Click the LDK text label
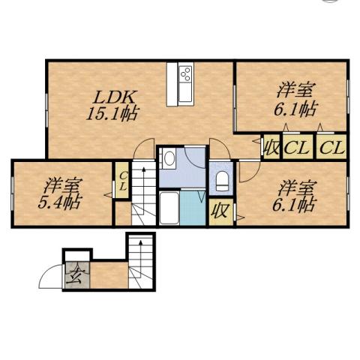[x=115, y=97]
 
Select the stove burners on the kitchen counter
[x=185, y=75]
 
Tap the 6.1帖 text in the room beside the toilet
[x=293, y=203]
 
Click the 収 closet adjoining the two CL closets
[x=271, y=146]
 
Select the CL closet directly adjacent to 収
[x=298, y=146]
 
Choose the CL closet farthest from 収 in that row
[x=331, y=146]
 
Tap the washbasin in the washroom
[x=169, y=158]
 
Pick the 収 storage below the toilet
[x=219, y=210]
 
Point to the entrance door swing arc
[x=49, y=274]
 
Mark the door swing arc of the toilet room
[x=244, y=173]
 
